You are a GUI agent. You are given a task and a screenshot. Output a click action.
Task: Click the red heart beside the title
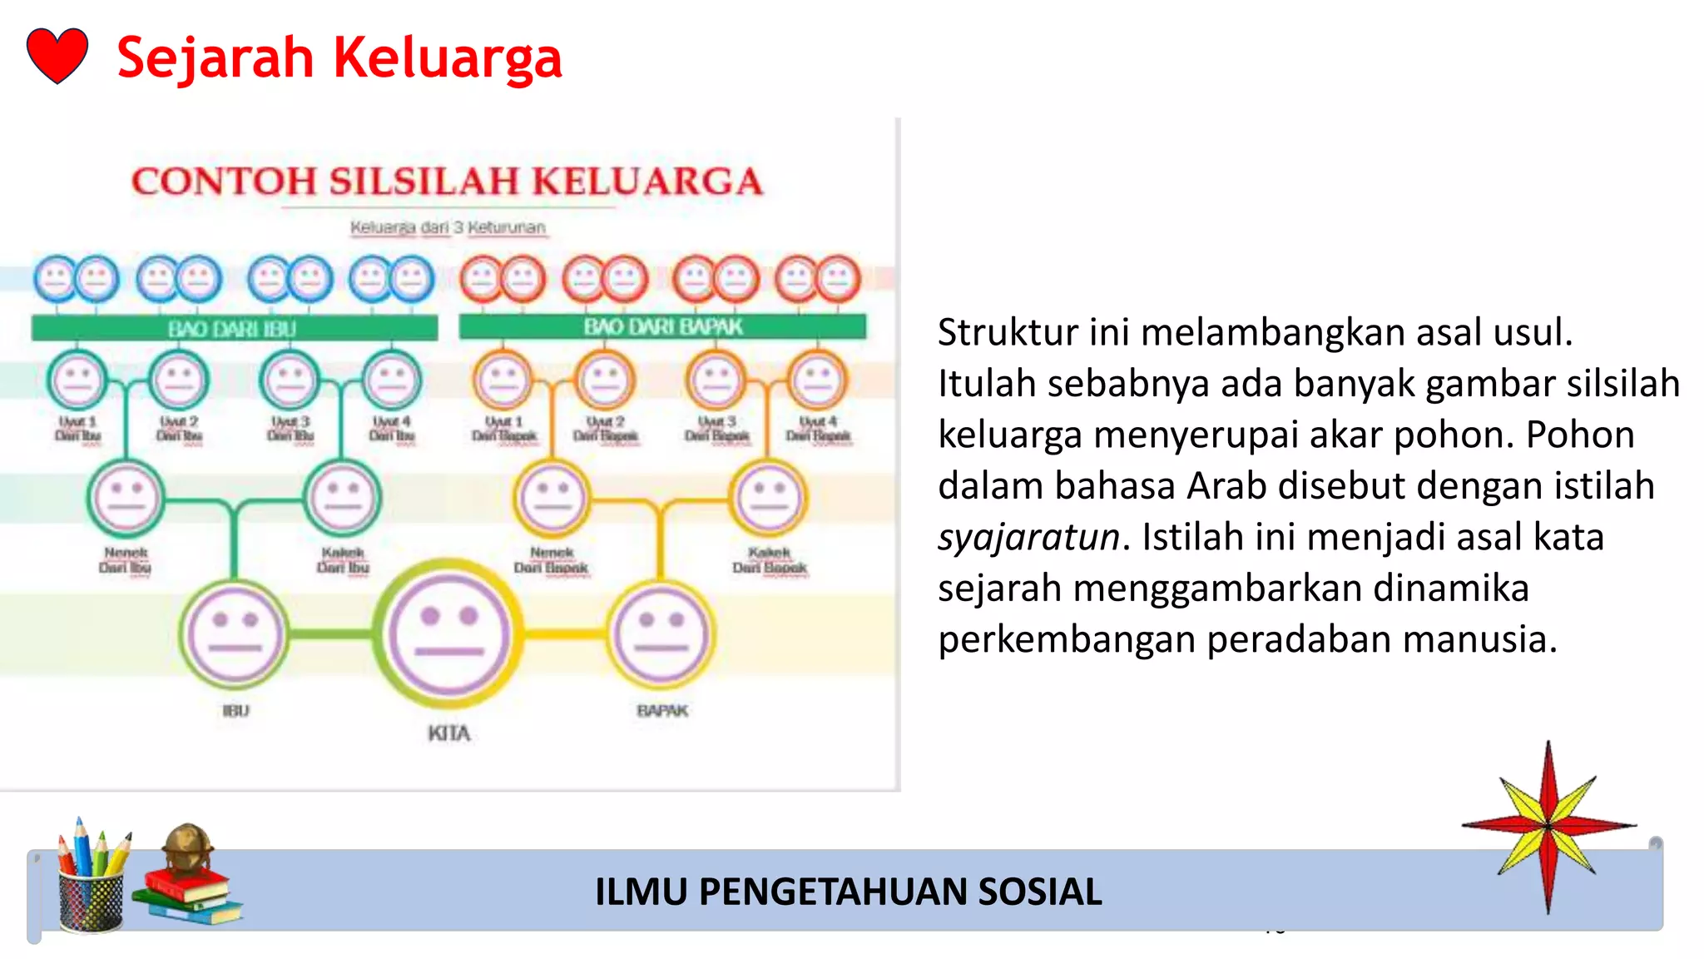[x=57, y=56]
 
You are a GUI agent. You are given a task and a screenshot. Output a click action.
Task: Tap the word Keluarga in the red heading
[x=448, y=58]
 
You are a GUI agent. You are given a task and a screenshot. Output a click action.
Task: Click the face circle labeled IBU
[x=235, y=635]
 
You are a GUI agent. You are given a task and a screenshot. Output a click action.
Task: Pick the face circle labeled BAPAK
[x=661, y=635]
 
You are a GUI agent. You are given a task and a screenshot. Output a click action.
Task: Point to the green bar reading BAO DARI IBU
[x=234, y=329]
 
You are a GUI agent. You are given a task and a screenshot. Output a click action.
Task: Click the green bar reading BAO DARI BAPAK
[x=662, y=326]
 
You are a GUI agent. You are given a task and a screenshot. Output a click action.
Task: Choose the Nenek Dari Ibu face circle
[x=126, y=498]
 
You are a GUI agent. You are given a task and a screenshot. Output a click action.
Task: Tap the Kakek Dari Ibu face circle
[x=343, y=498]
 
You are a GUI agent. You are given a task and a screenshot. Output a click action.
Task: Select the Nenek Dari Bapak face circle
[x=552, y=498]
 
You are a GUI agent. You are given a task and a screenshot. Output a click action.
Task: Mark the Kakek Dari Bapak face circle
[x=769, y=498]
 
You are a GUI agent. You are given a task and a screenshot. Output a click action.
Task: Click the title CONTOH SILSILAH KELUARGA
[x=448, y=181]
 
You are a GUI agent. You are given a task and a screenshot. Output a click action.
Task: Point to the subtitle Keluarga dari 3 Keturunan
[x=448, y=227]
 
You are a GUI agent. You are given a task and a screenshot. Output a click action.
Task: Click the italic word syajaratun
[x=1028, y=538]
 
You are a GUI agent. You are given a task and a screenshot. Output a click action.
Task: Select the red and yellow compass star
[x=1548, y=826]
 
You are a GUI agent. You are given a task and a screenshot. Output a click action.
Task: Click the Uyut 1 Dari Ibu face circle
[x=77, y=380]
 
